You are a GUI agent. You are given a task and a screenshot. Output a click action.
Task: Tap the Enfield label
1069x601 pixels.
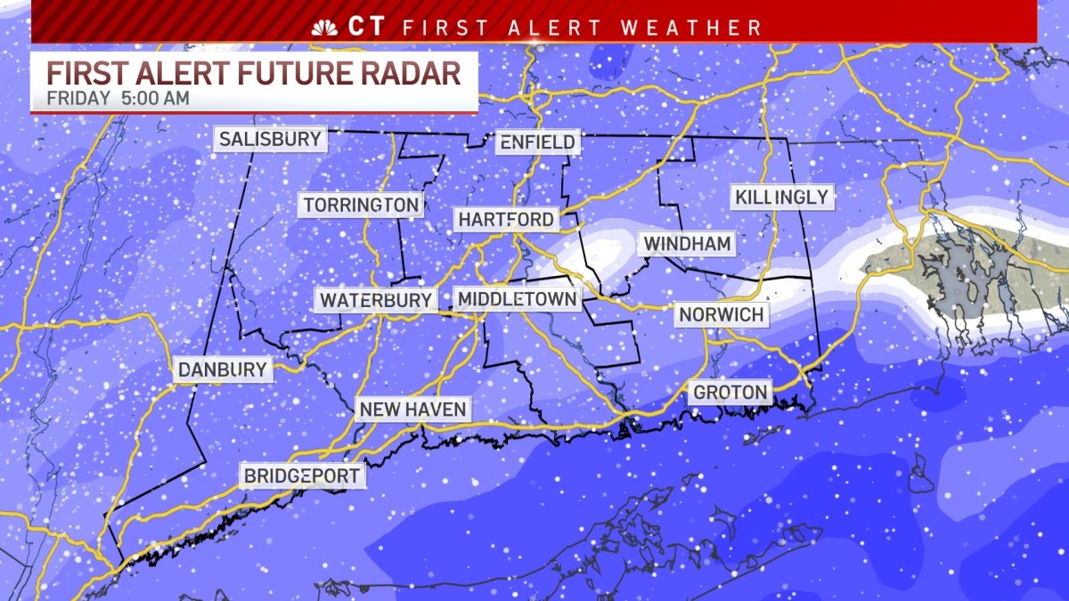(537, 142)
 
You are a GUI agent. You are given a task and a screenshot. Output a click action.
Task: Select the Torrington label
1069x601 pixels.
(361, 205)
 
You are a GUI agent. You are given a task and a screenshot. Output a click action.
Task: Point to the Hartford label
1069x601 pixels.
(506, 219)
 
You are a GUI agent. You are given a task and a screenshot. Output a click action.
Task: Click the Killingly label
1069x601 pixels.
(782, 197)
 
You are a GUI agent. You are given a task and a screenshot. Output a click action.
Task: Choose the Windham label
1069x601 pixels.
(687, 243)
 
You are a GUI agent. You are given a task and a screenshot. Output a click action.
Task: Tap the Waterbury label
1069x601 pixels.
(376, 300)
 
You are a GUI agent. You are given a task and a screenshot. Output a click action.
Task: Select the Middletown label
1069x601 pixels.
(518, 298)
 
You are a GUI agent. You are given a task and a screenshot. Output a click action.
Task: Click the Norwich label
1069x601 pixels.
(721, 314)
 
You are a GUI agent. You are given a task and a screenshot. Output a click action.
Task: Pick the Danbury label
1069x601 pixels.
(222, 370)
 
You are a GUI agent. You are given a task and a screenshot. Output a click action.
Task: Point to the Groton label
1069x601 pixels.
(730, 392)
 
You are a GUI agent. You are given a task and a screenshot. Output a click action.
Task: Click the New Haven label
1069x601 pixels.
(412, 409)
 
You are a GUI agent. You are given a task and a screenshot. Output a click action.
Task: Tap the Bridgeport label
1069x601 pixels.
(302, 475)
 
